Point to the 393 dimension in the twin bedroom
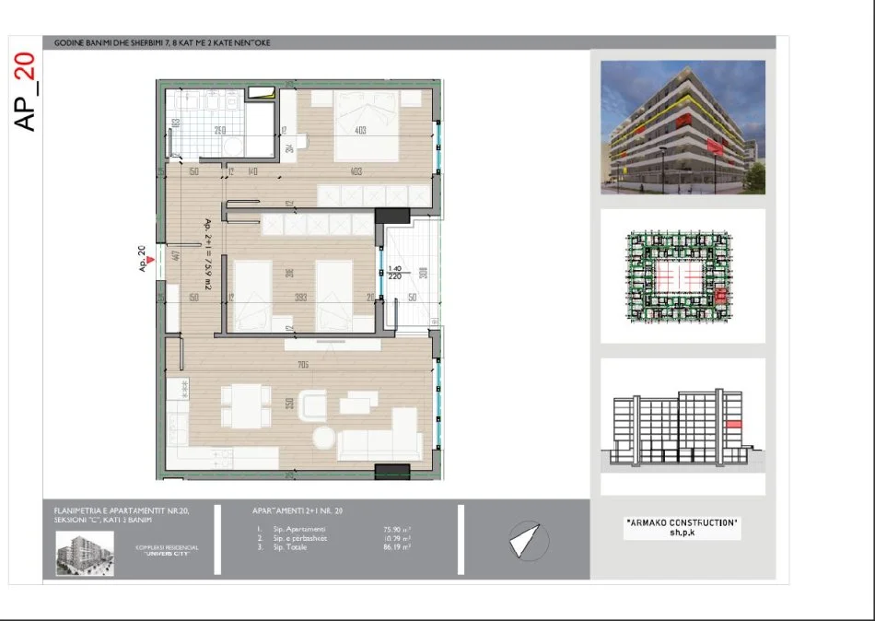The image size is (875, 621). [299, 298]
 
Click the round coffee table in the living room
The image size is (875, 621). [324, 438]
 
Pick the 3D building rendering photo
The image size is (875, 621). [682, 127]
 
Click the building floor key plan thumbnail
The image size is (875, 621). [682, 275]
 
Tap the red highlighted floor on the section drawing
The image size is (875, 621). [733, 423]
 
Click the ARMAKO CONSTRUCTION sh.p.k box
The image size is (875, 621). [682, 527]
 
